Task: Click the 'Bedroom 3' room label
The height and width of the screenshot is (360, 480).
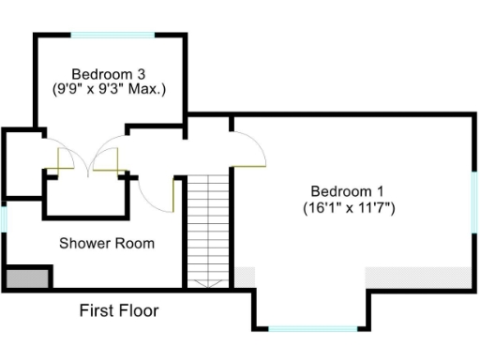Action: click(x=108, y=73)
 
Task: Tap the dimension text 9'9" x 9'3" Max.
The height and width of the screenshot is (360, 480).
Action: click(x=108, y=90)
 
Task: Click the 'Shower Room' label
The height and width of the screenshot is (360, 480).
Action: click(x=107, y=244)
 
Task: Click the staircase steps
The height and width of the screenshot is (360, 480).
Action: click(x=207, y=225)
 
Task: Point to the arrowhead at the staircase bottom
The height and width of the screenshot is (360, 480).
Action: click(x=207, y=281)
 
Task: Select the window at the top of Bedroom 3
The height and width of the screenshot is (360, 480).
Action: click(x=112, y=35)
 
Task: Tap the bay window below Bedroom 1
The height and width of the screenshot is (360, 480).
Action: click(x=313, y=329)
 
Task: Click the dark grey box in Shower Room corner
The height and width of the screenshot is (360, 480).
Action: click(x=26, y=278)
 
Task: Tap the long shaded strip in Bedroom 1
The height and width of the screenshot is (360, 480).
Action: click(x=418, y=277)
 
